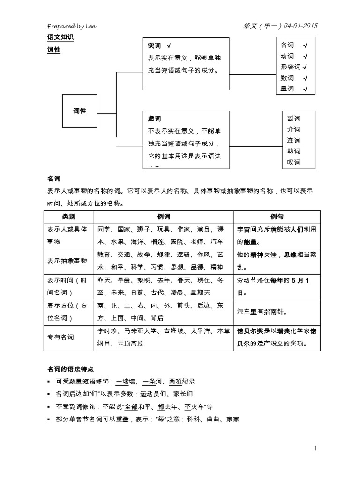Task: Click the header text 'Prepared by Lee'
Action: pos(72,26)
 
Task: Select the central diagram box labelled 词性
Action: pos(80,111)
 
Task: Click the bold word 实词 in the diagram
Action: pos(154,46)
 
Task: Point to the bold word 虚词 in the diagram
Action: pos(154,119)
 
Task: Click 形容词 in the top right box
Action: pos(291,67)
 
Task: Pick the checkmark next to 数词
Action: pos(305,78)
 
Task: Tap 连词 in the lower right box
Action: pos(294,140)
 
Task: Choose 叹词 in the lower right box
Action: pos(294,162)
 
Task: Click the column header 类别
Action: pos(68,217)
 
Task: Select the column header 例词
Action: pos(164,217)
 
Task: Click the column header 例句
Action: pos(277,217)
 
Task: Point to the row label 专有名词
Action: pos(60,337)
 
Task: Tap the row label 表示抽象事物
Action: pos(67,261)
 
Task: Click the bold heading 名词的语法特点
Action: pos(71,369)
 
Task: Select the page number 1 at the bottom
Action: pos(315,449)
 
